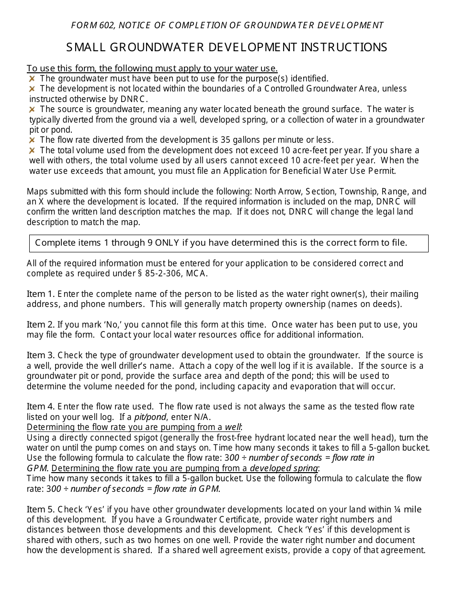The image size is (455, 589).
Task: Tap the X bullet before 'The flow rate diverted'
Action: click(x=32, y=140)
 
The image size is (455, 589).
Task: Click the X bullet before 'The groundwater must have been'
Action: click(x=32, y=79)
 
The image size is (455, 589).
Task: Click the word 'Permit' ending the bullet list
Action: click(x=382, y=170)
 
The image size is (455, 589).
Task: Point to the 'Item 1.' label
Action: click(x=41, y=294)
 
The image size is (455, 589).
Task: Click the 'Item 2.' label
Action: click(x=41, y=325)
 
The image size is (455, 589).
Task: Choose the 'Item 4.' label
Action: click(x=41, y=407)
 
